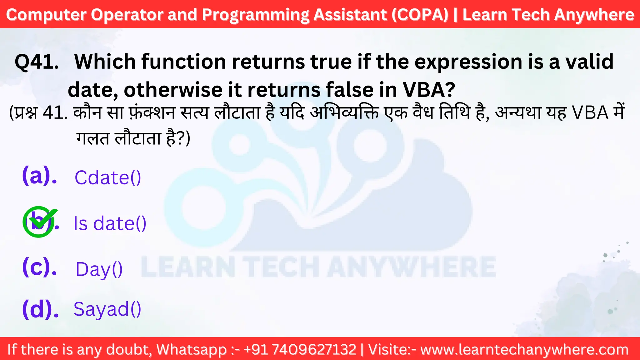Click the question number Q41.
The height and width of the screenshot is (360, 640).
37,62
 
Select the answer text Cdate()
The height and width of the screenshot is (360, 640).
108,178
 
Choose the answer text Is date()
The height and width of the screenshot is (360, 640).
110,223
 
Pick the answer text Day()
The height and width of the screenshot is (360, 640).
99,269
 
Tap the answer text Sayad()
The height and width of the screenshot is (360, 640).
107,309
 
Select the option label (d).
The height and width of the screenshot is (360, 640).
40,309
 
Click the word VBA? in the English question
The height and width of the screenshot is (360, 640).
429,90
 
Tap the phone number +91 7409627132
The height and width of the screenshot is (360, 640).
300,349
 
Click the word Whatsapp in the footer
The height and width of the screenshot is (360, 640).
191,350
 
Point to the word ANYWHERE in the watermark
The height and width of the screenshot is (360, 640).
411,267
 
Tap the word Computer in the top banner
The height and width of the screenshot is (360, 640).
46,15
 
